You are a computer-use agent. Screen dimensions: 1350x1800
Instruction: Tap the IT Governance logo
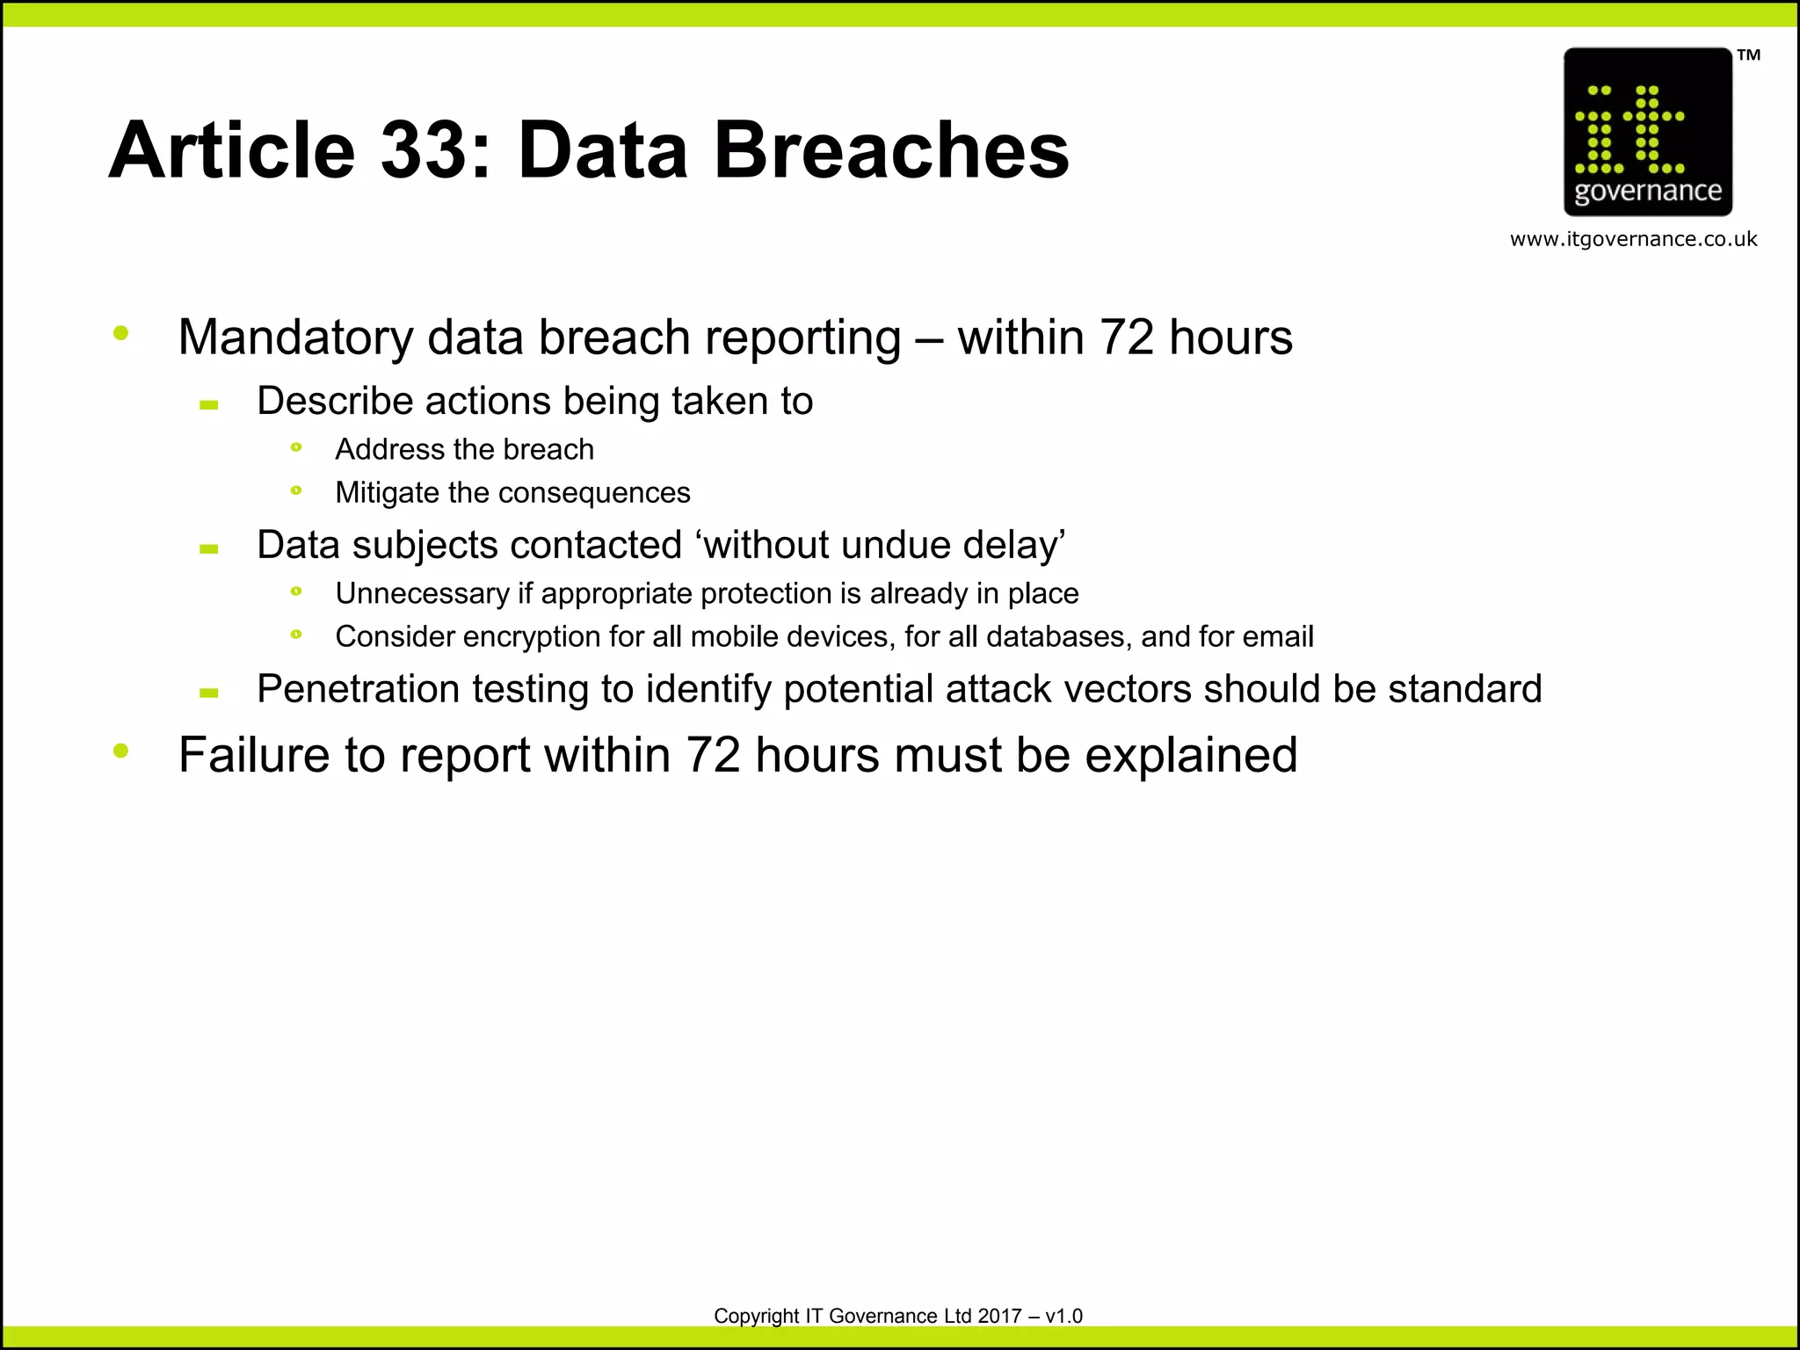pyautogui.click(x=1647, y=132)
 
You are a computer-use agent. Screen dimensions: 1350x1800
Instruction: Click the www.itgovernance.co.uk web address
pyautogui.click(x=1633, y=239)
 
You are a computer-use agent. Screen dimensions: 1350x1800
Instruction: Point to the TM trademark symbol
pyautogui.click(x=1748, y=55)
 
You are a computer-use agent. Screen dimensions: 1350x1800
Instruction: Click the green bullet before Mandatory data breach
pyautogui.click(x=121, y=333)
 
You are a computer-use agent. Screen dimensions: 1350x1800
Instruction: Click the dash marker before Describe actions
pyautogui.click(x=209, y=405)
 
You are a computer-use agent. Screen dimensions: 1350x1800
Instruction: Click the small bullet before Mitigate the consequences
pyautogui.click(x=296, y=490)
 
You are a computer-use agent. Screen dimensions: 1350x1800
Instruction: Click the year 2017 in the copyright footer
pyautogui.click(x=999, y=1316)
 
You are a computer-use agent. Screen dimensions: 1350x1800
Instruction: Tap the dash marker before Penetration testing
pyautogui.click(x=209, y=693)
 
